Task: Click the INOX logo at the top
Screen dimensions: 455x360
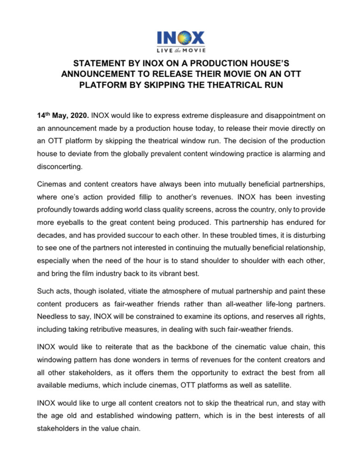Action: pyautogui.click(x=180, y=36)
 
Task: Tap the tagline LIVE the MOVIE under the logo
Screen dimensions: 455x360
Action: pyautogui.click(x=180, y=50)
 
